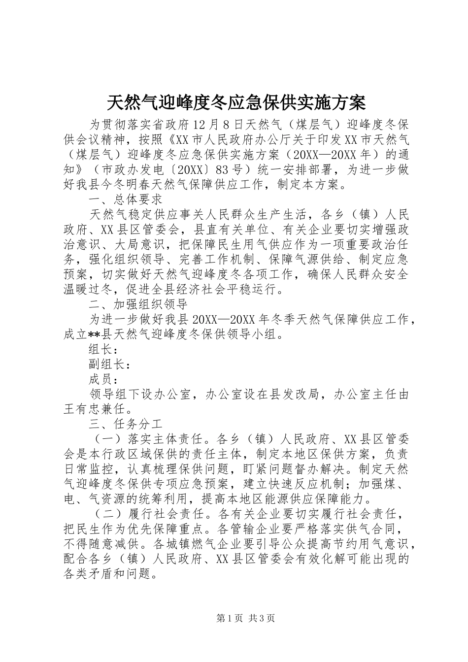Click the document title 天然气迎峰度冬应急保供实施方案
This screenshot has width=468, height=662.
(x=236, y=102)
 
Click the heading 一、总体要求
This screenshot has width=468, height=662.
(x=126, y=199)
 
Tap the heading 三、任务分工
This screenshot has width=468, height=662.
(x=126, y=423)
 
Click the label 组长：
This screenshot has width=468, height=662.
(x=102, y=350)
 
